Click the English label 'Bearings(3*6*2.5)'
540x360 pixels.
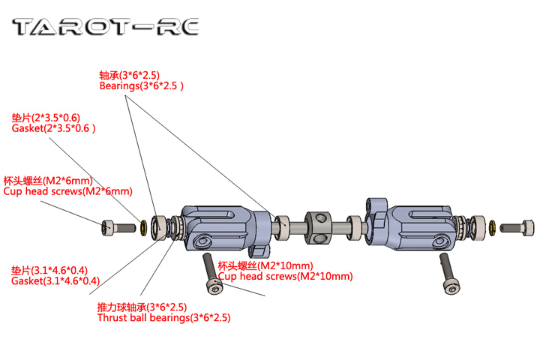[x=141, y=86]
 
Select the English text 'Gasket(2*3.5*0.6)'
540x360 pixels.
[x=54, y=128]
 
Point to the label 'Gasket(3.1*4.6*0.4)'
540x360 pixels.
[x=55, y=281]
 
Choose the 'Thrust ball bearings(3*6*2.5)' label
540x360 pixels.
[x=163, y=317]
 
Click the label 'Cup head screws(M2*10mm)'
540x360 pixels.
[x=285, y=277]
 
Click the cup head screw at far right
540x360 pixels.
[x=519, y=225]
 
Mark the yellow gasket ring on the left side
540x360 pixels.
[x=142, y=226]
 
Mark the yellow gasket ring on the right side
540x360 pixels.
[x=491, y=226]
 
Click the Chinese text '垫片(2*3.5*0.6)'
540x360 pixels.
[x=46, y=118]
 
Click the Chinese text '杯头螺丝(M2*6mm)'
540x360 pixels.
[x=49, y=180]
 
